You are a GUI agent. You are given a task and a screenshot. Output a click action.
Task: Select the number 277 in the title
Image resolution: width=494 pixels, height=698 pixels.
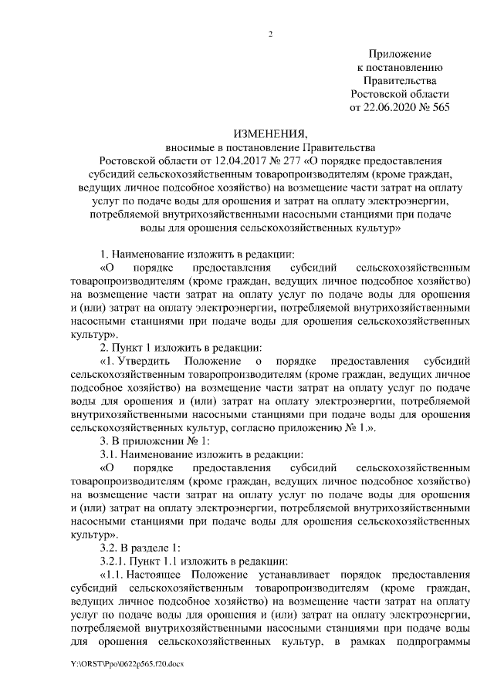click(x=289, y=160)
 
